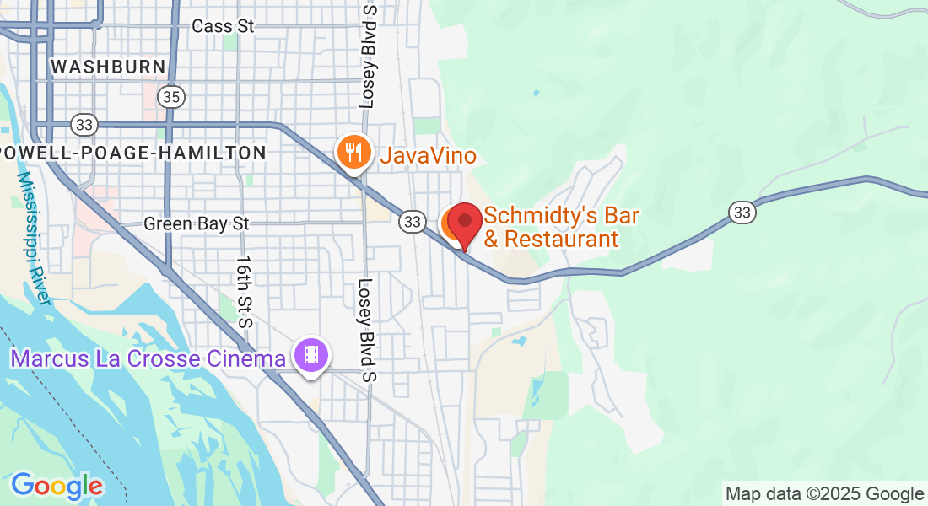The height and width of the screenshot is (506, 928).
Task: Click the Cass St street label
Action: pos(223,26)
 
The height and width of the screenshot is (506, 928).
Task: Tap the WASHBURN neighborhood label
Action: pos(108,67)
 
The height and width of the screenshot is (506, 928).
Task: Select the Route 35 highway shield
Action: pos(171,97)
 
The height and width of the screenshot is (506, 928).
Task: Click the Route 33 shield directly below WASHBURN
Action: pos(84,125)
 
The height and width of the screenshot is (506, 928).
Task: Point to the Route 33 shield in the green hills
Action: pos(742,212)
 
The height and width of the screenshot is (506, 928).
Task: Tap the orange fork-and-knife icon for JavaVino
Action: pos(354,153)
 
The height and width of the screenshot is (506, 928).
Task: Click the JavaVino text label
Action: pos(428,156)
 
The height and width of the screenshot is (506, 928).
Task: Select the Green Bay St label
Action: pos(197,223)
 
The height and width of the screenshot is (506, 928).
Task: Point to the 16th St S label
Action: pos(245,292)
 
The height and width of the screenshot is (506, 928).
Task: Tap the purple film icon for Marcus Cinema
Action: pos(311,355)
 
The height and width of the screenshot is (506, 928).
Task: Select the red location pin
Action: pos(464,224)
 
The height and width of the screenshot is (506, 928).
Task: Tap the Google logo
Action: pos(57,486)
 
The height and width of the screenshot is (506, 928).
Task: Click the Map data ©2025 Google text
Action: pos(825,494)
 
